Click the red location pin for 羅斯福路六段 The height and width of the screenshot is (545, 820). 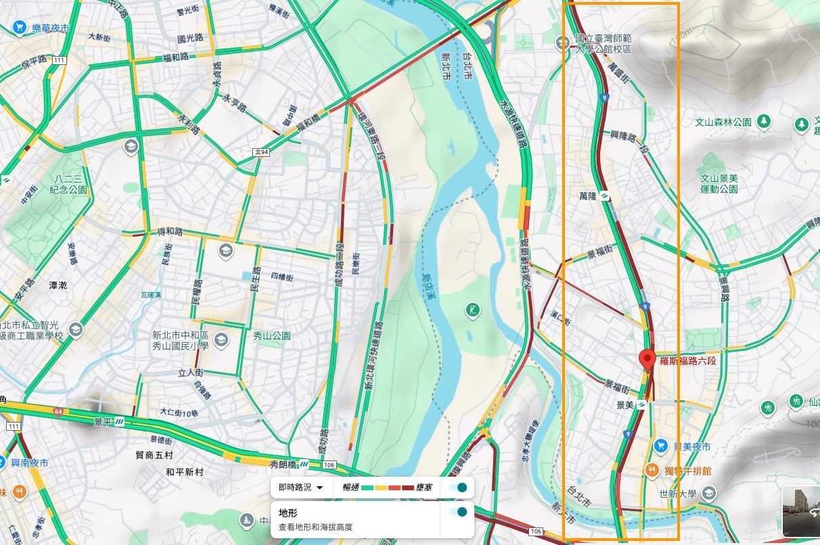tap(647, 360)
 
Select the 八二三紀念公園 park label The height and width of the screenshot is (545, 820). tap(70, 185)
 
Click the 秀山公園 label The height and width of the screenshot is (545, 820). tap(271, 335)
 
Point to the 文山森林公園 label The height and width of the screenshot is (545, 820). tap(723, 122)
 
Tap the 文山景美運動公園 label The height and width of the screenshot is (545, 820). tap(719, 184)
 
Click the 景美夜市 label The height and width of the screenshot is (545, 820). tap(691, 447)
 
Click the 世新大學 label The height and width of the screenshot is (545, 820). tap(678, 494)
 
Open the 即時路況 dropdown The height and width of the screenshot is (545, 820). tap(301, 487)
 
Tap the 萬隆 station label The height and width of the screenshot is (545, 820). tap(587, 197)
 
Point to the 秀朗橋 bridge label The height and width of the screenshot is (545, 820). tap(283, 465)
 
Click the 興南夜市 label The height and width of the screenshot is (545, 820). tap(30, 463)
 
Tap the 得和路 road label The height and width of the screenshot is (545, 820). tap(170, 232)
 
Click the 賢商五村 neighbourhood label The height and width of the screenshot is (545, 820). tap(154, 456)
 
